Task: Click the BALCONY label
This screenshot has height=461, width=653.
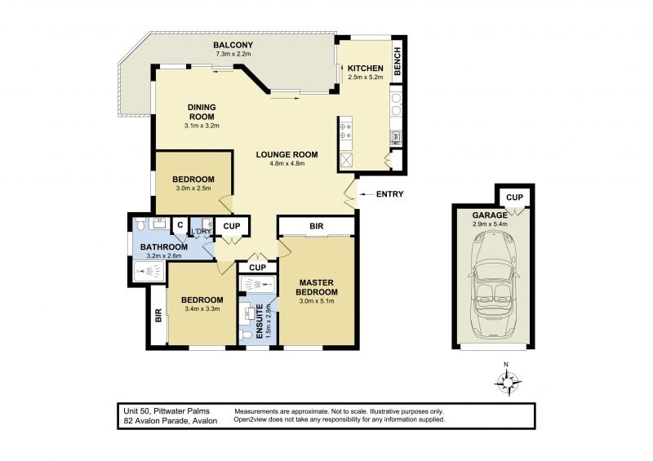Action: (233, 45)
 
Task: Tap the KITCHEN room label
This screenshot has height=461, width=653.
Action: (365, 69)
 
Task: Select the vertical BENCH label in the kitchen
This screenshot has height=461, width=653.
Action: (398, 62)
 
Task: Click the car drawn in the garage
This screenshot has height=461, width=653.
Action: (493, 284)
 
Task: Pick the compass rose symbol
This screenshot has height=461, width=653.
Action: (507, 380)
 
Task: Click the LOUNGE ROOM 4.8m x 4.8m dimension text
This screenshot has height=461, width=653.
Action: (287, 163)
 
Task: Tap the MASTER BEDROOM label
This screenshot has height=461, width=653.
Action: (317, 287)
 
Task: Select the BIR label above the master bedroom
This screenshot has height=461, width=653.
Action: (317, 226)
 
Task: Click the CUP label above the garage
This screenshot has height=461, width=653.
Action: (514, 197)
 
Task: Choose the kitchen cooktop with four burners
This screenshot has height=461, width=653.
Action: (345, 131)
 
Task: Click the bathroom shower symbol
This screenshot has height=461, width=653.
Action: (146, 273)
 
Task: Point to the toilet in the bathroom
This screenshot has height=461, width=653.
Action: (140, 224)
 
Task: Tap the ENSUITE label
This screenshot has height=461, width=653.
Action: (260, 321)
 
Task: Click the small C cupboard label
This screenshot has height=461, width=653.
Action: (180, 225)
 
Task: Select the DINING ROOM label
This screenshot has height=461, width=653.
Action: (202, 112)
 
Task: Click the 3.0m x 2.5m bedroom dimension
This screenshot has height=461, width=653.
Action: (193, 188)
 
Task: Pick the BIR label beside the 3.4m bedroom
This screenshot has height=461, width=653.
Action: (158, 315)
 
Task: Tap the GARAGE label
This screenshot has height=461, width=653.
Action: (490, 215)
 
